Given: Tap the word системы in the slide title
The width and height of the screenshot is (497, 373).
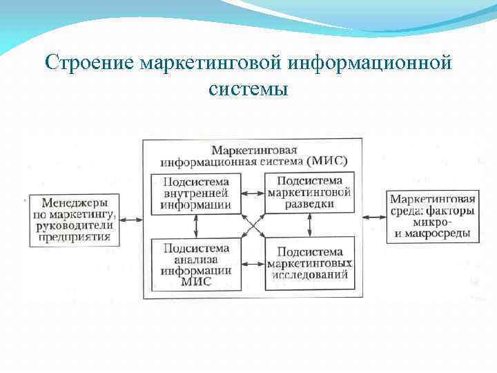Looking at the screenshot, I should click(248, 89).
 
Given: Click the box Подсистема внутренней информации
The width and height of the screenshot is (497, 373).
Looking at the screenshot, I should click(197, 193).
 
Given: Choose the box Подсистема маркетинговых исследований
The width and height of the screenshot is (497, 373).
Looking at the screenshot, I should click(309, 263).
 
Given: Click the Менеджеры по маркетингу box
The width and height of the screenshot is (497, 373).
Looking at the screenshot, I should click(71, 220).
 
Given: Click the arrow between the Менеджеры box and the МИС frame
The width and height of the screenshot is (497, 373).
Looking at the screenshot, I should click(130, 221).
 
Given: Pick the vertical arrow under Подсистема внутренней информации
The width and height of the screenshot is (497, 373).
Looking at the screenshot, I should click(197, 225).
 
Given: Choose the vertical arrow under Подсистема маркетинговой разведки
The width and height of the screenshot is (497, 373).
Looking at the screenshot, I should click(309, 225).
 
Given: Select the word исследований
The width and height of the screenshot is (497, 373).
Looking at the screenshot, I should click(309, 275).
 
